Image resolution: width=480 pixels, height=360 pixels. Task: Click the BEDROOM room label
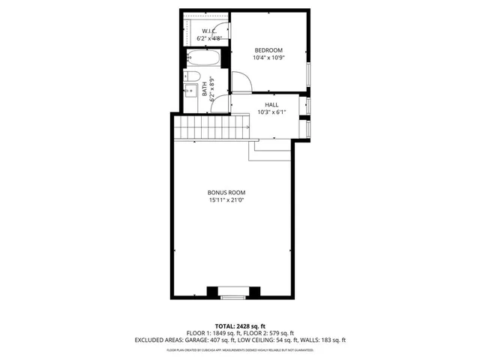click(268, 49)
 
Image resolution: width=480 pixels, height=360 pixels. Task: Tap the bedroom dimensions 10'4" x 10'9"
click(268, 58)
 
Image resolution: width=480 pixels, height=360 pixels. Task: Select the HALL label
click(271, 104)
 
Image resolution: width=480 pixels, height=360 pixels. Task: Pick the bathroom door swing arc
click(219, 103)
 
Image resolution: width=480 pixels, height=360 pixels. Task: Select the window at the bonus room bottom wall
click(233, 298)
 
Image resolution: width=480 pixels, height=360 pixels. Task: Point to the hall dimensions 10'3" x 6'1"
click(271, 112)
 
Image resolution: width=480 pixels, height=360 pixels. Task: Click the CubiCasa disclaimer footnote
click(240, 349)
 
